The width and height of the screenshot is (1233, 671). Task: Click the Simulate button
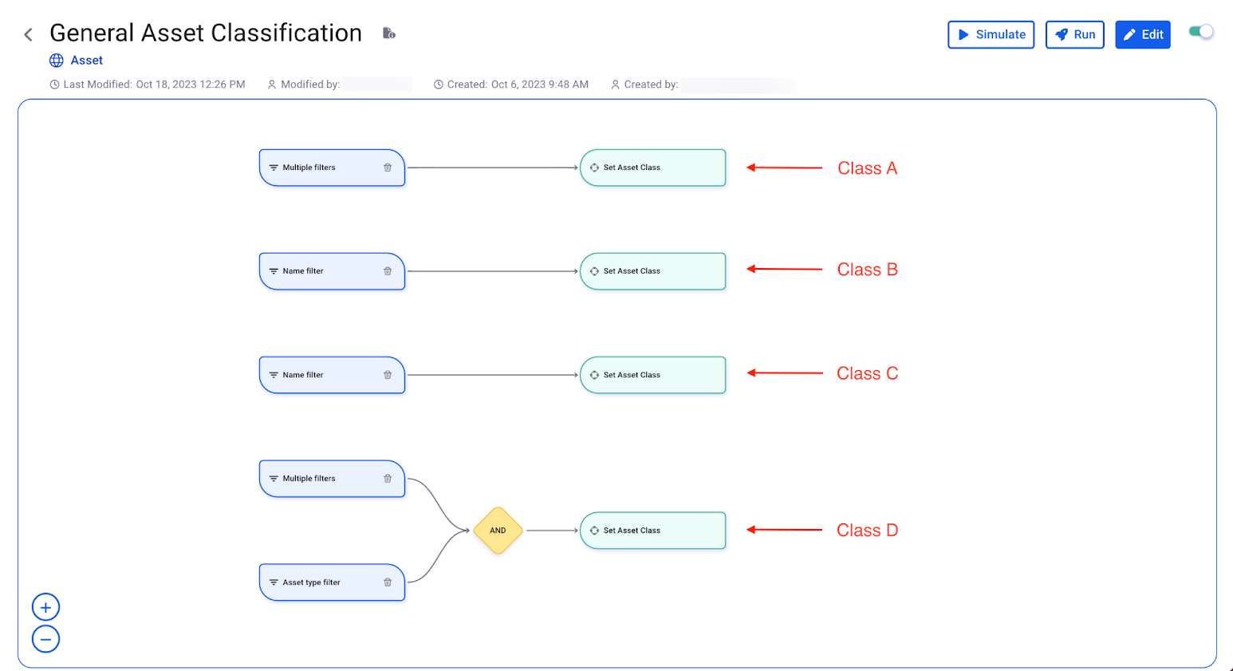[991, 34]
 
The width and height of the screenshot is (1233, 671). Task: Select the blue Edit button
[1142, 34]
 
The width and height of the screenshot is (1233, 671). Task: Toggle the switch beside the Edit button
[1200, 32]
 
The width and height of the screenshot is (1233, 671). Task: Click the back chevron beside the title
[29, 34]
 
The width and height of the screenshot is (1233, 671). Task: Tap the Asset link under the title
[86, 61]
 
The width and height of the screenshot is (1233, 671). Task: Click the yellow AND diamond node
[498, 531]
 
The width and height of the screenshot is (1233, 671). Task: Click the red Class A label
[867, 168]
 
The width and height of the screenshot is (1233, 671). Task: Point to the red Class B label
[867, 270]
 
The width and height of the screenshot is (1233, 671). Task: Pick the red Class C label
[867, 373]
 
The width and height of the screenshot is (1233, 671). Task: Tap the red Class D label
[867, 531]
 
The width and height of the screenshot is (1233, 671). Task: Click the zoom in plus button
[45, 607]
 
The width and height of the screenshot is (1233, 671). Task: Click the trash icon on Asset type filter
[388, 582]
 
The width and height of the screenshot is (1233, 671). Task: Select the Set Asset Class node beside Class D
[652, 531]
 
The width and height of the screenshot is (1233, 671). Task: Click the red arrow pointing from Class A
[784, 168]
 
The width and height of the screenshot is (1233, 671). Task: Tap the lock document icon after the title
[388, 34]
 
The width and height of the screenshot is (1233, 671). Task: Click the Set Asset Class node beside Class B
[652, 271]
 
